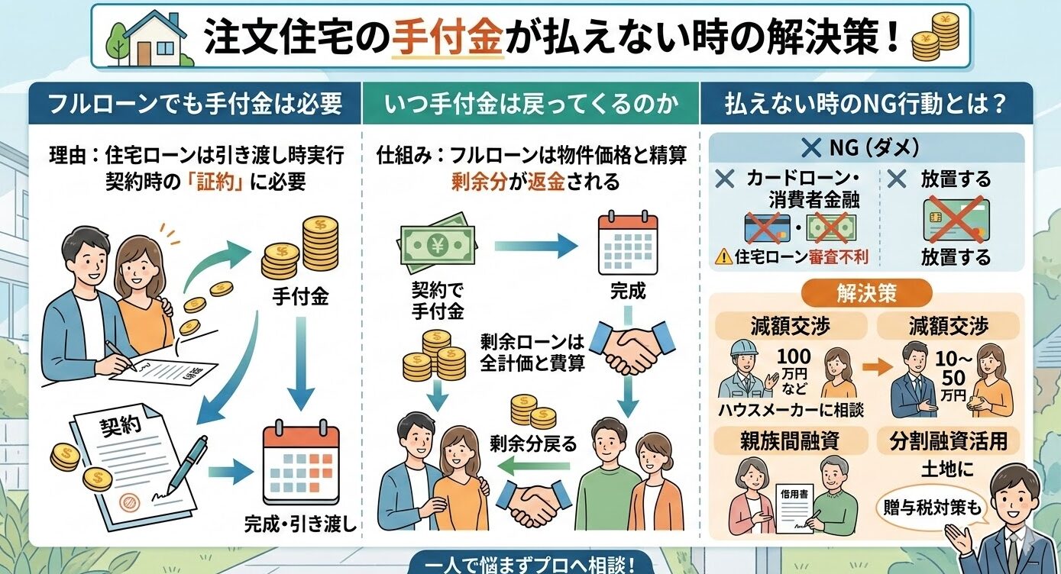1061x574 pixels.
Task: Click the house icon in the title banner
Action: click(x=149, y=40)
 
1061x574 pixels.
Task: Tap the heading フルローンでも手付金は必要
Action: click(x=195, y=105)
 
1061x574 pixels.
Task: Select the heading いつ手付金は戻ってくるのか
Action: click(x=529, y=105)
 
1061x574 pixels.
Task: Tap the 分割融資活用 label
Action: click(x=948, y=440)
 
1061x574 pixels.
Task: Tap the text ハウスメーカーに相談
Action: click(x=791, y=409)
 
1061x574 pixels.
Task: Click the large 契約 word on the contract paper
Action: click(x=121, y=427)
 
